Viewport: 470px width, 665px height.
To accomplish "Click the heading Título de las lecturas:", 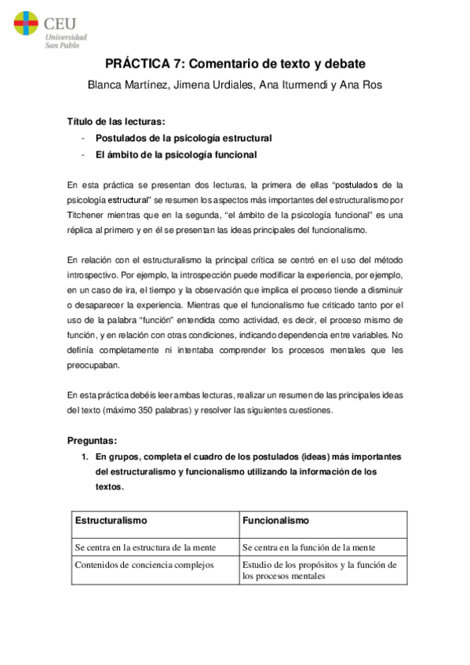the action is (x=115, y=122).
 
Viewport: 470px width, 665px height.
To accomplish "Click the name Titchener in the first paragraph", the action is (x=89, y=215).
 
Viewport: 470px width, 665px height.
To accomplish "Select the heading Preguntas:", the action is (x=92, y=440).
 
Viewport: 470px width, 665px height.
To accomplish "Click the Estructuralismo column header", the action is (x=111, y=520).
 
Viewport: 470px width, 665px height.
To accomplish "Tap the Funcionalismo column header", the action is (x=275, y=520).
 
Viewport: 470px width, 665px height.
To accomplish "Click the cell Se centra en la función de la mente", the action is (x=308, y=547).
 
